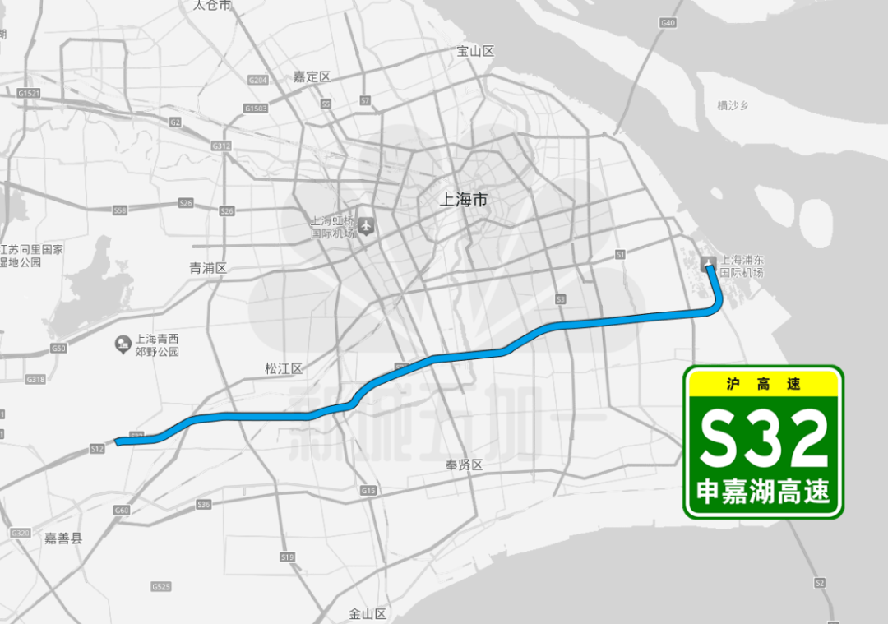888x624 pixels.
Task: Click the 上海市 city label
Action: tap(465, 200)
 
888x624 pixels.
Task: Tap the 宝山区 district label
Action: tap(475, 51)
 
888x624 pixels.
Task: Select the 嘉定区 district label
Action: tap(312, 76)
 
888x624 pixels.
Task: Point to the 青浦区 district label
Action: tap(207, 268)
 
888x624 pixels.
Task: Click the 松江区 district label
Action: tap(284, 369)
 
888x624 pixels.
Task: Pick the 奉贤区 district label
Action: tap(464, 465)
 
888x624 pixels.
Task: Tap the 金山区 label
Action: tap(368, 613)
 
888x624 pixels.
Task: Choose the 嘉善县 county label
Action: tap(63, 538)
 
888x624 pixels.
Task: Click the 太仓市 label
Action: tap(212, 5)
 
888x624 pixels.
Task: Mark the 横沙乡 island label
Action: tap(734, 105)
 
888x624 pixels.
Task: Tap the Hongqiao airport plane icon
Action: tap(366, 224)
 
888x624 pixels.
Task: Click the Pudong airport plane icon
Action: tap(708, 263)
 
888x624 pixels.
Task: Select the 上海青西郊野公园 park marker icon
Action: tap(123, 341)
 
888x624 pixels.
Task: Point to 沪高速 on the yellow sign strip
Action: tap(763, 384)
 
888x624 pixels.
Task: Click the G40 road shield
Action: tap(667, 23)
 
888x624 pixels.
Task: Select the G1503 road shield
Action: tap(256, 109)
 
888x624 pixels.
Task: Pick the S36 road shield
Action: tap(205, 504)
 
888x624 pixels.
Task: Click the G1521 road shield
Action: tap(29, 94)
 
